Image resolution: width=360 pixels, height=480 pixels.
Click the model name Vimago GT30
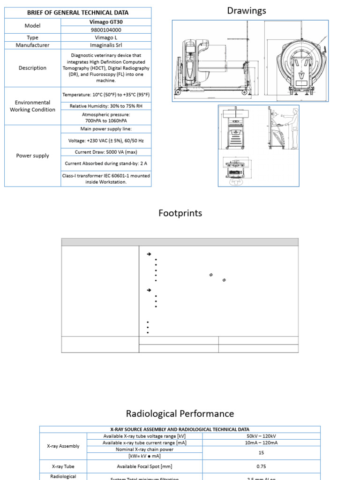point(106,22)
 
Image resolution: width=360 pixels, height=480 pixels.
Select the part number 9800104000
point(106,30)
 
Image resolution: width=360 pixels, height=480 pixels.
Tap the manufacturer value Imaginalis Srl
point(106,45)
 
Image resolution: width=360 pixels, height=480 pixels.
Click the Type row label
point(33,37)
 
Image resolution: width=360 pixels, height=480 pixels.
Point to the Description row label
point(33,68)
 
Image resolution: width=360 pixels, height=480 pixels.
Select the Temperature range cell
point(106,95)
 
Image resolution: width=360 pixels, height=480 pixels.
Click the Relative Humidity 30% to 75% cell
point(106,106)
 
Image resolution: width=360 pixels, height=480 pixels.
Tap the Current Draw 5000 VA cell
point(106,152)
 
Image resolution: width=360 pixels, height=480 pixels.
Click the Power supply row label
point(33,156)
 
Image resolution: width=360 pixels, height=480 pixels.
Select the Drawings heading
point(247,10)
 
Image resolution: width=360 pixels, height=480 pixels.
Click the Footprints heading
point(180,213)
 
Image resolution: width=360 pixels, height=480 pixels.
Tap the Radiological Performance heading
point(180,413)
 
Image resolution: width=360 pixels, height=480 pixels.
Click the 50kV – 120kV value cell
point(262,436)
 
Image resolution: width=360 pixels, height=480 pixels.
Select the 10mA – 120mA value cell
point(262,442)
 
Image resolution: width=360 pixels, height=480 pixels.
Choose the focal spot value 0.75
point(262,466)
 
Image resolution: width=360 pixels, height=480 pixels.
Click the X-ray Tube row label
point(63,466)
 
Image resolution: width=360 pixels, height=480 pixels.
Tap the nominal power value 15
point(262,452)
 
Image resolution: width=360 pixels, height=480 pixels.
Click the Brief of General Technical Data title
point(78,13)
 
